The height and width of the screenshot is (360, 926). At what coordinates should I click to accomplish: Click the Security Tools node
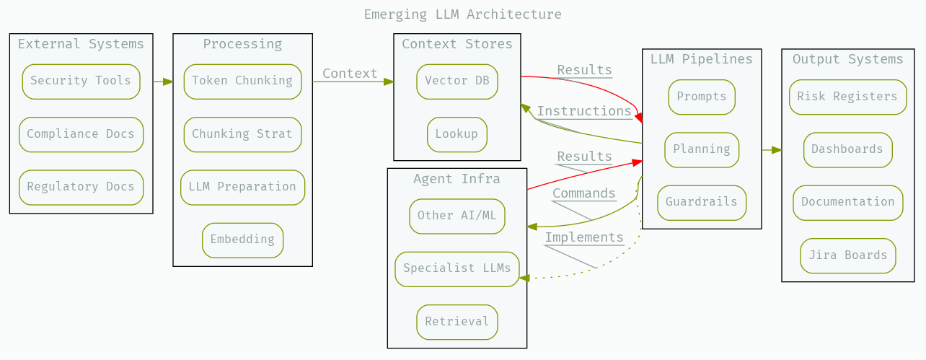pos(81,81)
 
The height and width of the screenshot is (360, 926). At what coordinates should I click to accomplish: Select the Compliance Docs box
pos(81,134)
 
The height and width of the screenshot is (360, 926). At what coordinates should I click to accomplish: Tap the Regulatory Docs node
pos(81,187)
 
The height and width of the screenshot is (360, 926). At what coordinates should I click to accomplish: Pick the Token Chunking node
pos(242,81)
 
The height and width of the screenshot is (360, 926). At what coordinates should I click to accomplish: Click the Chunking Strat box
pos(242,134)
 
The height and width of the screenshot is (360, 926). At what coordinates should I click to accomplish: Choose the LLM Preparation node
pos(242,187)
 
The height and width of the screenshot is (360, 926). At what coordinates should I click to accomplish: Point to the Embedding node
pos(242,240)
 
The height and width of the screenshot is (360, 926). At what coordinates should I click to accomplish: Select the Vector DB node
pos(457,81)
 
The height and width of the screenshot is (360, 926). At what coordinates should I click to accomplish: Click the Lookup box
pos(457,134)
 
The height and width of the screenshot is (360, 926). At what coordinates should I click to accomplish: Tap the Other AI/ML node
pos(457,216)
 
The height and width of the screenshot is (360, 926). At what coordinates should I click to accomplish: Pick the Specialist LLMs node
pos(457,268)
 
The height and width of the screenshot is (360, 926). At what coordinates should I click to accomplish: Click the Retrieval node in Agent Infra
pos(457,322)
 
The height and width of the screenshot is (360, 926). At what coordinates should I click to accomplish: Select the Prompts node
pos(702,97)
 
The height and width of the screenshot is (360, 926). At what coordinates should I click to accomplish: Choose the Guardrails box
pos(702,202)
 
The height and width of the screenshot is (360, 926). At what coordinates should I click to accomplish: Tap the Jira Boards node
pos(848,255)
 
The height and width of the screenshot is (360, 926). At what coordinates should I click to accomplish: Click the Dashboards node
pos(847,149)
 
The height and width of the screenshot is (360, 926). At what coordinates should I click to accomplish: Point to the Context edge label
pos(350,74)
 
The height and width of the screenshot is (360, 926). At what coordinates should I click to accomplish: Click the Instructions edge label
pos(584,111)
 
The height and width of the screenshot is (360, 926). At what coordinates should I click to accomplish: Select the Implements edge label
pos(584,237)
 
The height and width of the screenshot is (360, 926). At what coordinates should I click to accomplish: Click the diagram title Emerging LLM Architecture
pos(462,14)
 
